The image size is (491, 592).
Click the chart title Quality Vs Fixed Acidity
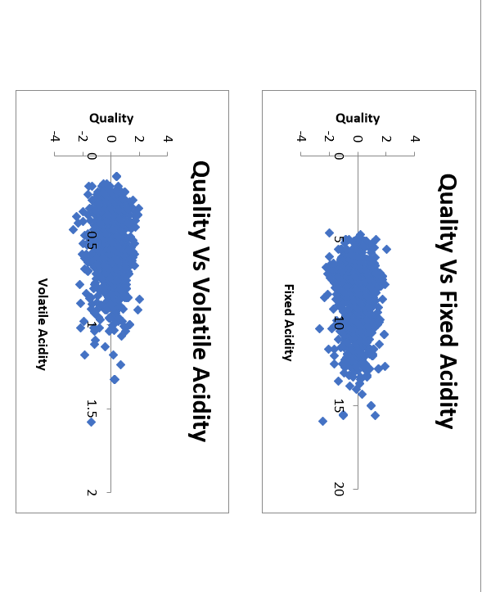pos(447,301)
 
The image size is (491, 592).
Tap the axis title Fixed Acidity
pos(288,322)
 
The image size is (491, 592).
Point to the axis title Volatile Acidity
pos(42,323)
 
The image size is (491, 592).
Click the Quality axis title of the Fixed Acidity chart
pos(358,118)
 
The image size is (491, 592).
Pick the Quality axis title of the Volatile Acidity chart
pos(111,118)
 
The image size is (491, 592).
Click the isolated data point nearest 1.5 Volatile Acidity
pos(92,423)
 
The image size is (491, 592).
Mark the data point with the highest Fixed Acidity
pos(322,421)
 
